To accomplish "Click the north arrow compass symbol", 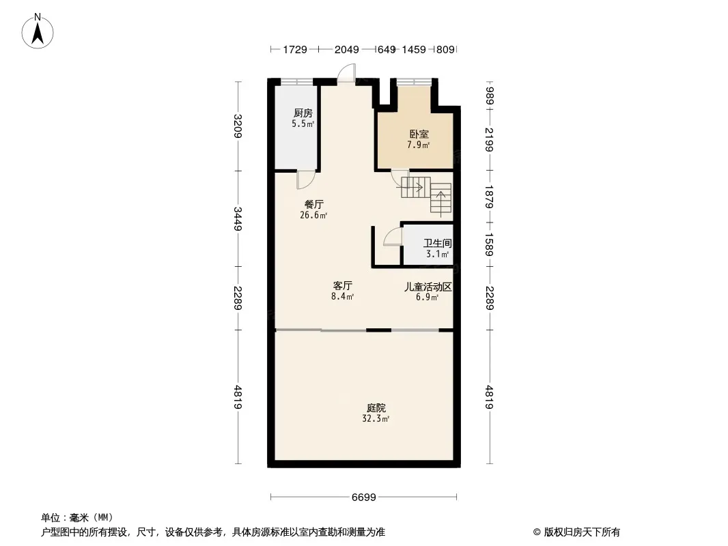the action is click(38, 31).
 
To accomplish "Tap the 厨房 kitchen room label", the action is click(303, 113).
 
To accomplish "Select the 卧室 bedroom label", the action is click(419, 134).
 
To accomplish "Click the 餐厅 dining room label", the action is click(314, 204).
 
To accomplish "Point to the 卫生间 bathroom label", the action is click(437, 243).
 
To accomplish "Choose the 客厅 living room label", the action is click(343, 286).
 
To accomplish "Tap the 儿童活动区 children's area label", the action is click(428, 287).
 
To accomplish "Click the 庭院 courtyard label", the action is click(376, 407).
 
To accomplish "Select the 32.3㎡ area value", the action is click(376, 418).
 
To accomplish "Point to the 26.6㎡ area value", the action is click(314, 215).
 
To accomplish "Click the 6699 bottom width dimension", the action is click(363, 498).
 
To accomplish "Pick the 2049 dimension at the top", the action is click(347, 49).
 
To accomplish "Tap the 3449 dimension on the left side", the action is click(238, 218).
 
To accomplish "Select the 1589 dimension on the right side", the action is click(489, 244).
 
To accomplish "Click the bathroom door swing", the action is click(392, 237).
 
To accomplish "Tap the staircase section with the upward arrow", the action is click(440, 198).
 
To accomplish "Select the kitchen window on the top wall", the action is click(296, 82).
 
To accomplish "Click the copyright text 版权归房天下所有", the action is click(582, 532).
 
